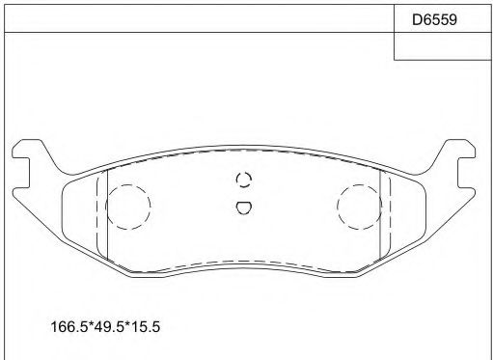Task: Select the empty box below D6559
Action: click(x=442, y=47)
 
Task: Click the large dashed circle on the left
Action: click(x=127, y=206)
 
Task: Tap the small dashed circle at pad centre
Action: click(x=244, y=180)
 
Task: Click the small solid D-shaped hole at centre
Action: click(x=244, y=206)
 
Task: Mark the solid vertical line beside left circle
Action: click(x=105, y=217)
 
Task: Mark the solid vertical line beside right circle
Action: click(x=384, y=217)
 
